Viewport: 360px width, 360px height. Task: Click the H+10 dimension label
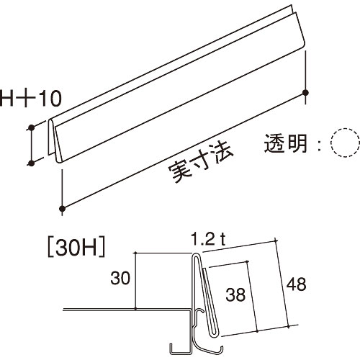tap(31, 99)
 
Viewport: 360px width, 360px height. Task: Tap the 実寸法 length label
tap(201, 163)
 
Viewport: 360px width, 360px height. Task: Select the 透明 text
tap(285, 143)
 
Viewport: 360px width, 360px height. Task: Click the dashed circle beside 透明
tap(345, 143)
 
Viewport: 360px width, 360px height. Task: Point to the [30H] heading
tap(77, 248)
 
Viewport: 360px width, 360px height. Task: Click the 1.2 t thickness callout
tap(208, 240)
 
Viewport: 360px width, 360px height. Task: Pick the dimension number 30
tap(120, 278)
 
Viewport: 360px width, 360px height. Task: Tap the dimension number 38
tap(235, 294)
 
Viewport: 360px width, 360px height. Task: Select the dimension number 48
tap(296, 284)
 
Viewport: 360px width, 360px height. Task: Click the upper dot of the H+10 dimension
tap(31, 127)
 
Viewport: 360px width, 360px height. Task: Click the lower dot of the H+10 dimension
tap(31, 163)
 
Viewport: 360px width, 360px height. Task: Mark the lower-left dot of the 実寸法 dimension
tap(63, 208)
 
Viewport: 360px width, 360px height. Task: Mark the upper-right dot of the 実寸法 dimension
tap(305, 93)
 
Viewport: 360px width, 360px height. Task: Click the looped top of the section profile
tap(195, 254)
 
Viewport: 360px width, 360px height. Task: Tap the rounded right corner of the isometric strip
tap(305, 44)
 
